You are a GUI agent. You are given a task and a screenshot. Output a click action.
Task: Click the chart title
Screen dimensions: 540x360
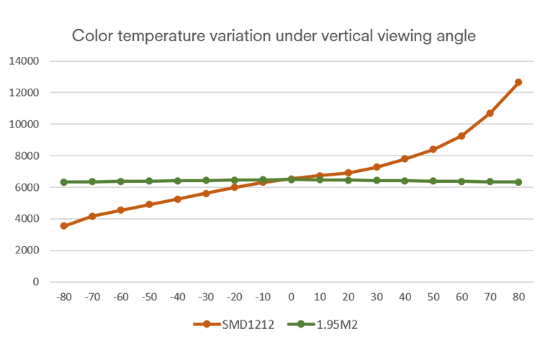pyautogui.click(x=274, y=36)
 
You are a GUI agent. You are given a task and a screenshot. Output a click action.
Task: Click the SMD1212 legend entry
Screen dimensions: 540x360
pyautogui.click(x=234, y=325)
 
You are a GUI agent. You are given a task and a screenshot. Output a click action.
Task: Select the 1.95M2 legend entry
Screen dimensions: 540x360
pyautogui.click(x=323, y=325)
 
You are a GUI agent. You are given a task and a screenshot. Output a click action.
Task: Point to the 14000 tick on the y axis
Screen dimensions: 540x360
pyautogui.click(x=24, y=61)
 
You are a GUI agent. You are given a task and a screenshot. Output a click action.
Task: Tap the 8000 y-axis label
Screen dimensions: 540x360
pyautogui.click(x=27, y=156)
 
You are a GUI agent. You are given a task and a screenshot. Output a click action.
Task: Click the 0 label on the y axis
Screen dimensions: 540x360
pyautogui.click(x=36, y=282)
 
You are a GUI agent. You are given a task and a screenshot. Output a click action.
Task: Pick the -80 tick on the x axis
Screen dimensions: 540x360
pyautogui.click(x=63, y=297)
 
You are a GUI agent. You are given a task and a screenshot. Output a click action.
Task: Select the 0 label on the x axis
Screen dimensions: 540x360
pyautogui.click(x=291, y=297)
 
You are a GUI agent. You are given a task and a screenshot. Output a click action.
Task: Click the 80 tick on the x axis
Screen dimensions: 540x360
pyautogui.click(x=518, y=297)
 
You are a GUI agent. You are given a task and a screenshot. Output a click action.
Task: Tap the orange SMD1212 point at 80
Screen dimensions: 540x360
pyautogui.click(x=518, y=82)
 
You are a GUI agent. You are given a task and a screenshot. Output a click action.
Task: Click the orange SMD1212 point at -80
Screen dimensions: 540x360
pyautogui.click(x=63, y=226)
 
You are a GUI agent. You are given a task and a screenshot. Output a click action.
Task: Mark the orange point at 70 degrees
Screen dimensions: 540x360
pyautogui.click(x=490, y=113)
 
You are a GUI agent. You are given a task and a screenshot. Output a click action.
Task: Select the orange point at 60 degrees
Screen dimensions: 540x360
pyautogui.click(x=462, y=136)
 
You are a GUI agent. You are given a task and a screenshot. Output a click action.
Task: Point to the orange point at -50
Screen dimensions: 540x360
pyautogui.click(x=149, y=204)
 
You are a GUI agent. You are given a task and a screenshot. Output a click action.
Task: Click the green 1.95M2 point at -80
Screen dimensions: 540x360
pyautogui.click(x=63, y=182)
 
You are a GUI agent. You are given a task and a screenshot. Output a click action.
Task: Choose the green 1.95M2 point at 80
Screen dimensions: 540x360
pyautogui.click(x=518, y=182)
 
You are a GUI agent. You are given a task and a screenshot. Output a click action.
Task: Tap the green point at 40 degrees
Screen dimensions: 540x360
pyautogui.click(x=405, y=181)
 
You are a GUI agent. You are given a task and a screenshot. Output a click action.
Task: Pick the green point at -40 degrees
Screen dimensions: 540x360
pyautogui.click(x=178, y=181)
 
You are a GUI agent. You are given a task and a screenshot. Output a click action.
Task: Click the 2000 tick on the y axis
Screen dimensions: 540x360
pyautogui.click(x=27, y=250)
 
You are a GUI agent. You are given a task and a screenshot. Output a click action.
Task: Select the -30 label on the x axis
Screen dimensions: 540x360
pyautogui.click(x=206, y=297)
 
